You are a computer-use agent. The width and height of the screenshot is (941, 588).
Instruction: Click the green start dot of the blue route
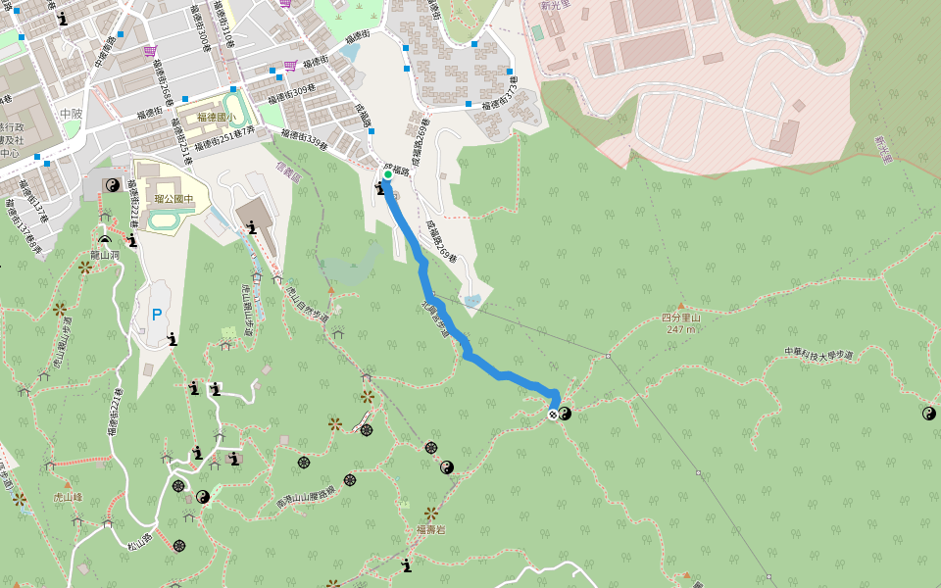[387, 175]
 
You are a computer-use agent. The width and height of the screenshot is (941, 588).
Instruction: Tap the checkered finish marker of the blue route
[553, 415]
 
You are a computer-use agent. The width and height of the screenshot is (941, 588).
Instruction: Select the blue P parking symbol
[156, 316]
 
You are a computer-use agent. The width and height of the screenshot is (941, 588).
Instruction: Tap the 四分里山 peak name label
[681, 318]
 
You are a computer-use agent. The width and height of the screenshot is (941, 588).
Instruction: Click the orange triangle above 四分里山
[681, 306]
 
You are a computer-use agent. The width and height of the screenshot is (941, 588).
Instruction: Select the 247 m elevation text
[681, 329]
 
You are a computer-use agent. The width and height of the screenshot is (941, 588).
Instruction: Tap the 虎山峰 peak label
[67, 497]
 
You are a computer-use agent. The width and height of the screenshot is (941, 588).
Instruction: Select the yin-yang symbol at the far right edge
[928, 414]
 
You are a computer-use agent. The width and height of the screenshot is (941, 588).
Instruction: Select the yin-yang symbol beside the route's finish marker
[566, 414]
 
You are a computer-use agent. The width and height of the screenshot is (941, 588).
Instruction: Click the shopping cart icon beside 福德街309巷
[290, 66]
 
